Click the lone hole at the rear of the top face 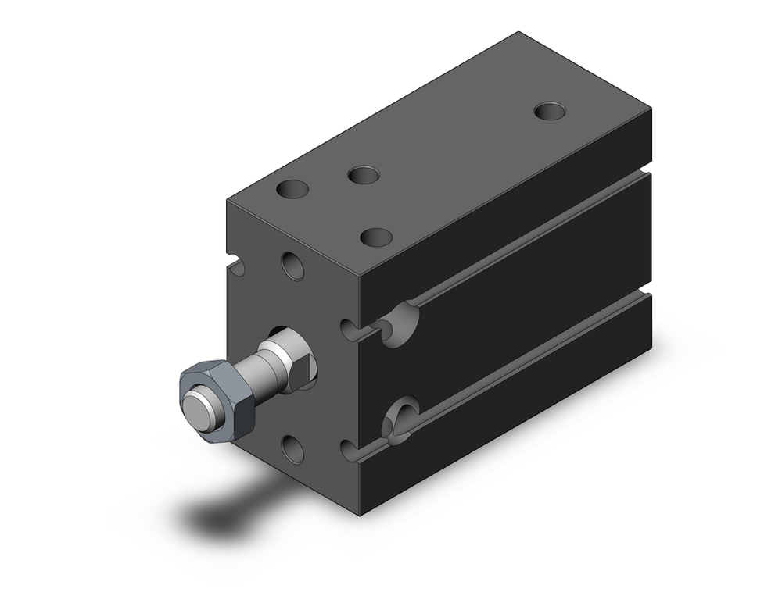click(x=551, y=110)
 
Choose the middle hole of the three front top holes click(x=364, y=174)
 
